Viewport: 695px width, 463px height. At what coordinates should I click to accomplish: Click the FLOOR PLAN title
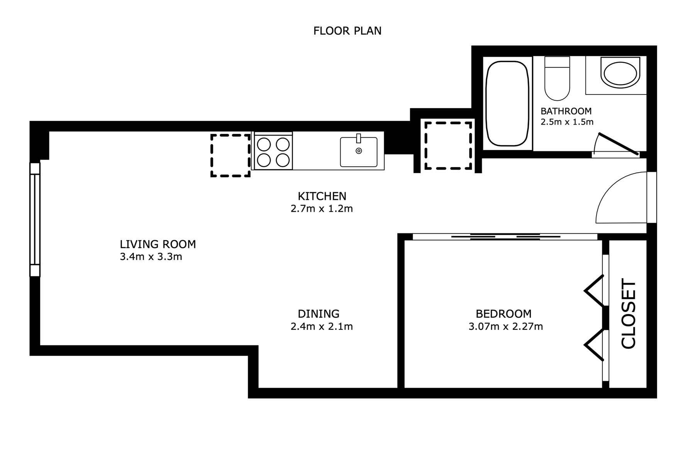[x=347, y=31]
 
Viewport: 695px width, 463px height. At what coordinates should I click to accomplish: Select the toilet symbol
[x=557, y=78]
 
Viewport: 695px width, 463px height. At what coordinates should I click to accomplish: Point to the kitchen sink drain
[x=359, y=151]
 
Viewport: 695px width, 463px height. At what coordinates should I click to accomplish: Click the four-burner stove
[x=273, y=151]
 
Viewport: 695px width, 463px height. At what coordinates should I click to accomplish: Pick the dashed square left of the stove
[x=231, y=155]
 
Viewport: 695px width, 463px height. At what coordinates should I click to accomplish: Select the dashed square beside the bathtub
[x=448, y=146]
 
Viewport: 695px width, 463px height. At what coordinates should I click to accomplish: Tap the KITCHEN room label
[x=322, y=196]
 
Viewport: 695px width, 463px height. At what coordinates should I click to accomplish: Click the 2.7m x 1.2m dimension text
[x=322, y=209]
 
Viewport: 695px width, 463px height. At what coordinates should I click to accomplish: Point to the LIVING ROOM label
[x=158, y=244]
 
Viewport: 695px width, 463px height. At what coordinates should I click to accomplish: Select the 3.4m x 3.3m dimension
[x=151, y=257]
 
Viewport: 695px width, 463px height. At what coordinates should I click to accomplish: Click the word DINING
[x=319, y=314]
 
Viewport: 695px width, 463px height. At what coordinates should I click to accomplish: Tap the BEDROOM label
[x=503, y=314]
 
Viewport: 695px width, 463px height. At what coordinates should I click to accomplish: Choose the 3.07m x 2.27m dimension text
[x=506, y=326]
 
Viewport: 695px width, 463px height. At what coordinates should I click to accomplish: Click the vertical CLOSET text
[x=628, y=314]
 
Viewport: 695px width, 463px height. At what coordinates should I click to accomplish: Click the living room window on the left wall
[x=35, y=219]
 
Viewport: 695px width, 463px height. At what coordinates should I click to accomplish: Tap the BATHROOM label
[x=566, y=111]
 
